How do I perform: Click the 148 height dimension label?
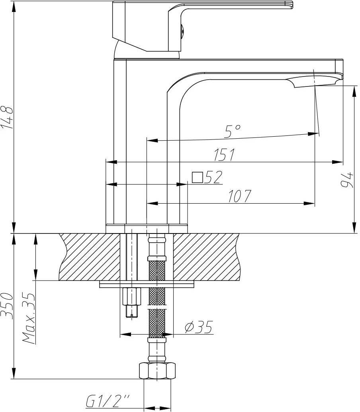[x=7, y=117]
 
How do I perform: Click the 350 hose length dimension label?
[x=7, y=306]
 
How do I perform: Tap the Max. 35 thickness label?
[x=29, y=318]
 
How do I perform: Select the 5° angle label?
[x=232, y=131]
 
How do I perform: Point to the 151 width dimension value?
[x=224, y=155]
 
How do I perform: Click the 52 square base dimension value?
[x=213, y=177]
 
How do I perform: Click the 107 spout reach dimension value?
[x=239, y=196]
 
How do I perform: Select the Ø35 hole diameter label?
[x=198, y=327]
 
